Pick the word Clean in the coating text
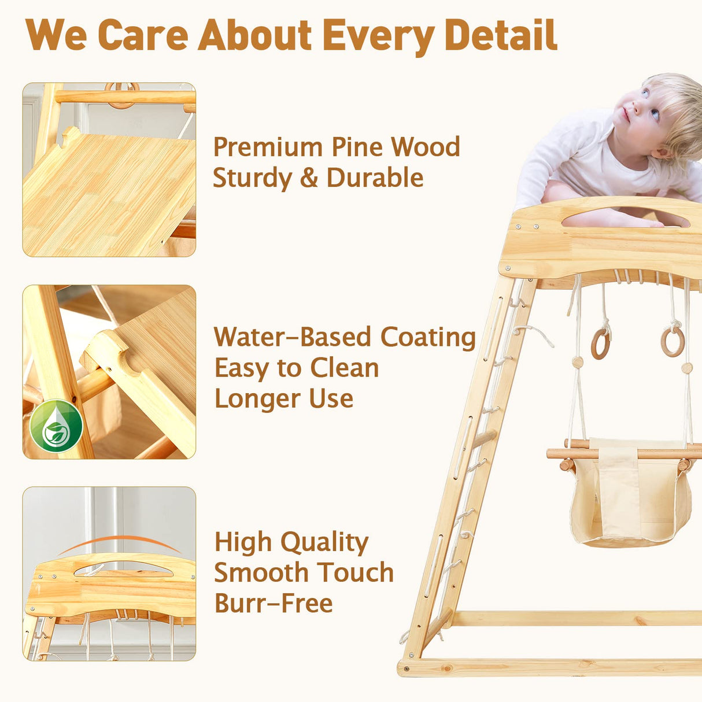coord(344,368)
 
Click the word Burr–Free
coord(274,604)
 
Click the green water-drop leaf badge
coord(56,426)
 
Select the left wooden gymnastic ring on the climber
coord(600,343)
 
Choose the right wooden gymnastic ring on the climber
coord(673,341)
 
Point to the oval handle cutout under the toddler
coord(625,218)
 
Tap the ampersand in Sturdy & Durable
coord(309,178)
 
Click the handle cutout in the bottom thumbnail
coord(123,569)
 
